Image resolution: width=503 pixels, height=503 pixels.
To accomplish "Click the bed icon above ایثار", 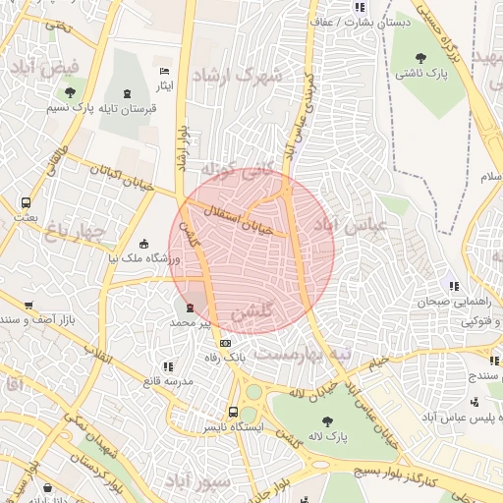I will (165, 72).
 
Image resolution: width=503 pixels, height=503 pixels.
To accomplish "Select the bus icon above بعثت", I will (25, 202).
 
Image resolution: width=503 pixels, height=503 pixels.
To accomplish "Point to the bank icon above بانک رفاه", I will (226, 343).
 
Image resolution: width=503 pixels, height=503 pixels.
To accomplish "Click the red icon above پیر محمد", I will (191, 307).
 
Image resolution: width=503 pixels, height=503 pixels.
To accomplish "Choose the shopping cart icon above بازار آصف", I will (29, 306).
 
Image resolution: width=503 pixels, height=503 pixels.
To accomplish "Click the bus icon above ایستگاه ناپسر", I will (233, 413).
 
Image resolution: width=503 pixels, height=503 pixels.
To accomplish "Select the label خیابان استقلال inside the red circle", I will (237, 219).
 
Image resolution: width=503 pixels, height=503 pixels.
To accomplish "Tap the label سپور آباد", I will (196, 481).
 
